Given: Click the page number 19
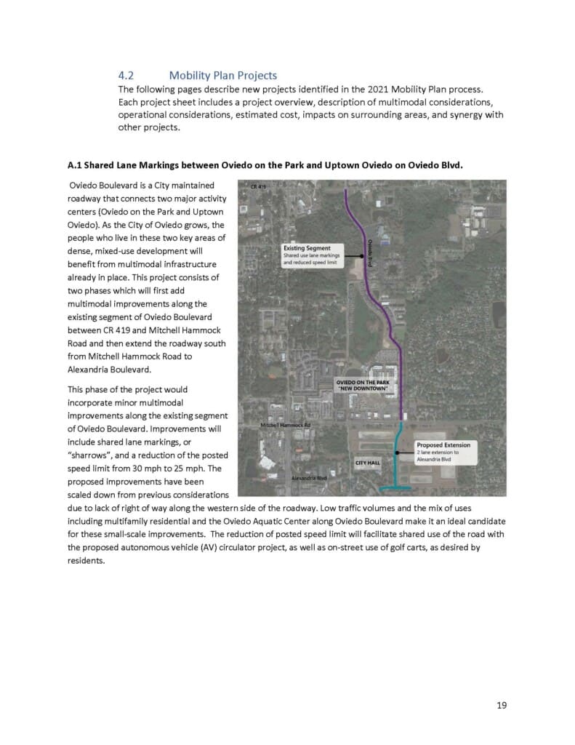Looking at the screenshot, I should coord(502,705).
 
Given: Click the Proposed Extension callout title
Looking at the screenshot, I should coord(443,445).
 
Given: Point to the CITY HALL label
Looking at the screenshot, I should coord(369,463).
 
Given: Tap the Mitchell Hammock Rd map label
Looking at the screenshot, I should coord(285,424).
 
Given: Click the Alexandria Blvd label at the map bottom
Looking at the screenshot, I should coord(309,478).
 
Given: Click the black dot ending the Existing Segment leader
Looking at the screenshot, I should coord(361,256).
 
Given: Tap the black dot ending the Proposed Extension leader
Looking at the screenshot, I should coord(397,453).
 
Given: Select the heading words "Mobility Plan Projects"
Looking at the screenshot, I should coord(222,76).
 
